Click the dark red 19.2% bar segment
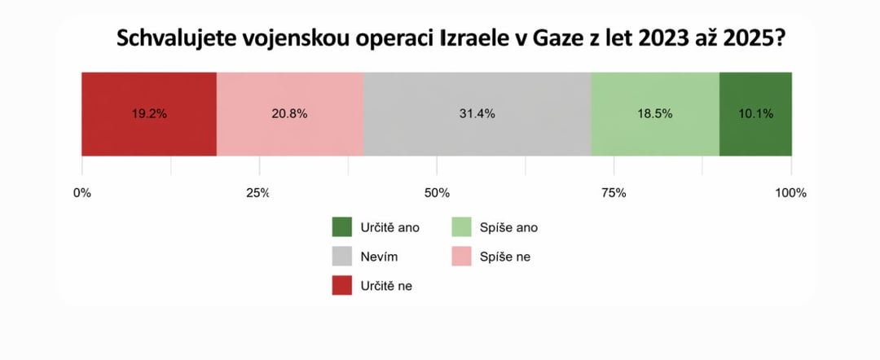149,114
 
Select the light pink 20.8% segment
289,114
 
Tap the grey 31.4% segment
477,114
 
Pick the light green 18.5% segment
654,114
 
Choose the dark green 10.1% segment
755,114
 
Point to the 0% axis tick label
82,193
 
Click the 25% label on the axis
258,193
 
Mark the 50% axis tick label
437,193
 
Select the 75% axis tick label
614,193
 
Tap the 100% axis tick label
790,193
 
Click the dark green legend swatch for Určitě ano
343,228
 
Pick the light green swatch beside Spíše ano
462,228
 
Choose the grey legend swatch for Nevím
343,257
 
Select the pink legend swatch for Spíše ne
462,257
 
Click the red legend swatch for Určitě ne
343,286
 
